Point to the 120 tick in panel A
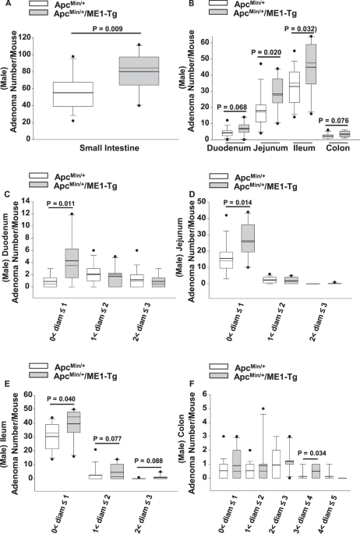tap(29, 37)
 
